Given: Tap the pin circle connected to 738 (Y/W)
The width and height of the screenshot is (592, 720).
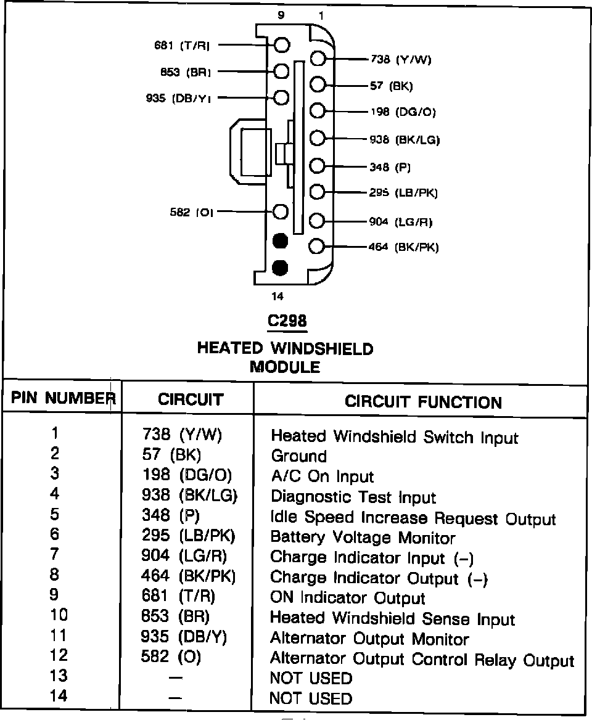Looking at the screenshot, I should (x=318, y=59).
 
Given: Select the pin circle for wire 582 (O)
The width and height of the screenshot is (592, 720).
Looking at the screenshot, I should (x=281, y=212).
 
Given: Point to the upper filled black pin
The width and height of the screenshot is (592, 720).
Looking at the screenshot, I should (x=281, y=240).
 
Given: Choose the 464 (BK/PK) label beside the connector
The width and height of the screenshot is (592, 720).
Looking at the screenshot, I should (x=405, y=247).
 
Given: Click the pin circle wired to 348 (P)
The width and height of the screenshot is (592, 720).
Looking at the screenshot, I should (x=318, y=166).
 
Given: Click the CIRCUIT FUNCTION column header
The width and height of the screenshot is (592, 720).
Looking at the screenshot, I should (x=423, y=403).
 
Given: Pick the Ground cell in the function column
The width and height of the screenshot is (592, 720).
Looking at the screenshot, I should (x=298, y=457).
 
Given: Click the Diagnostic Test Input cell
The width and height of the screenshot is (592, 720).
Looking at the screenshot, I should (x=353, y=497).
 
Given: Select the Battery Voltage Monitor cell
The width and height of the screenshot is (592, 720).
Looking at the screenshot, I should (x=363, y=538).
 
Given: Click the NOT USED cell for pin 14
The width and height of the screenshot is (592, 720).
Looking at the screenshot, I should (x=311, y=698).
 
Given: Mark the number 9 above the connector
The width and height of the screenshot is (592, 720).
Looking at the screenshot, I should (x=281, y=16).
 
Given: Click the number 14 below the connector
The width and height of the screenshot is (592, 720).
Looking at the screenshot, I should (x=278, y=297).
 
